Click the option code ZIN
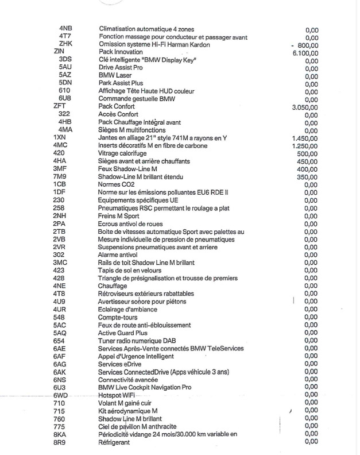58,52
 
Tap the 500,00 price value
308,154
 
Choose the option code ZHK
64,44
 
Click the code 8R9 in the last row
59,441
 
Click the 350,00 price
308,177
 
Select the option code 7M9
59,177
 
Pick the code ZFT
58,106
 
